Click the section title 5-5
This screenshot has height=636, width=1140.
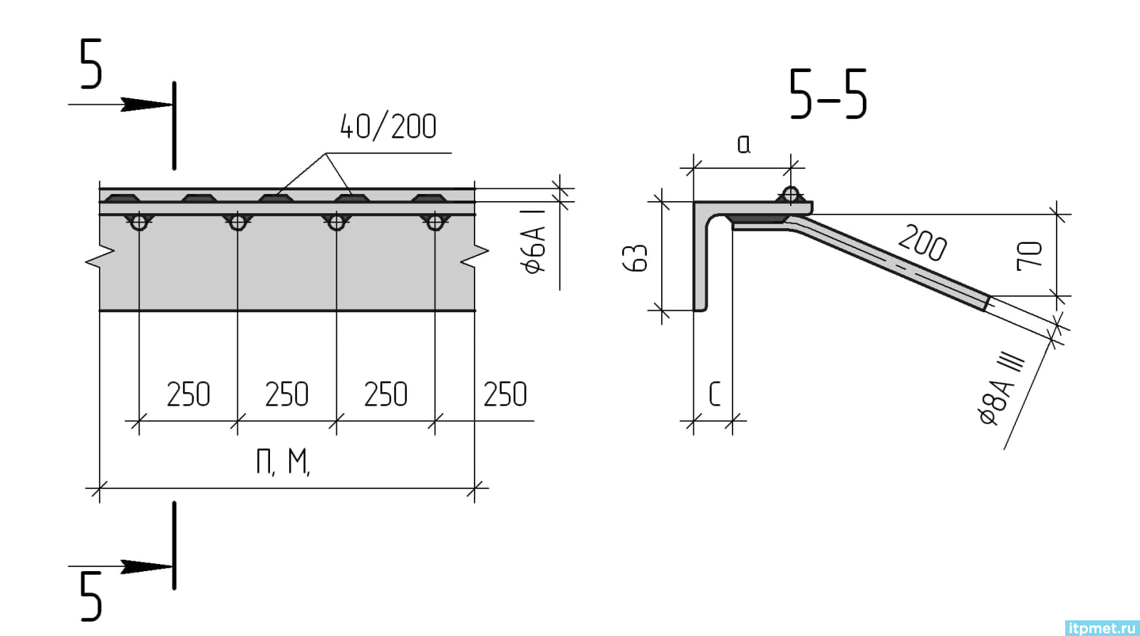[829, 94]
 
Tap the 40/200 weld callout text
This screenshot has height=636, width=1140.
[388, 125]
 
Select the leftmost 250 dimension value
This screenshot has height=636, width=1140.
[189, 394]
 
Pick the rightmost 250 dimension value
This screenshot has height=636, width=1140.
[506, 394]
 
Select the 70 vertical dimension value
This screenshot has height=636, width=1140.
[1030, 255]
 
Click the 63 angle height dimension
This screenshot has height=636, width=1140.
[636, 258]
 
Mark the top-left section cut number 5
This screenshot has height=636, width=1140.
[91, 65]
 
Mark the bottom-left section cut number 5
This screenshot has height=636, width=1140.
[91, 595]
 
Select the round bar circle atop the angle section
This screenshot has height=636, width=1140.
[790, 195]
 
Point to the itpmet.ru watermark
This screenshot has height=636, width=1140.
[1101, 627]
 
